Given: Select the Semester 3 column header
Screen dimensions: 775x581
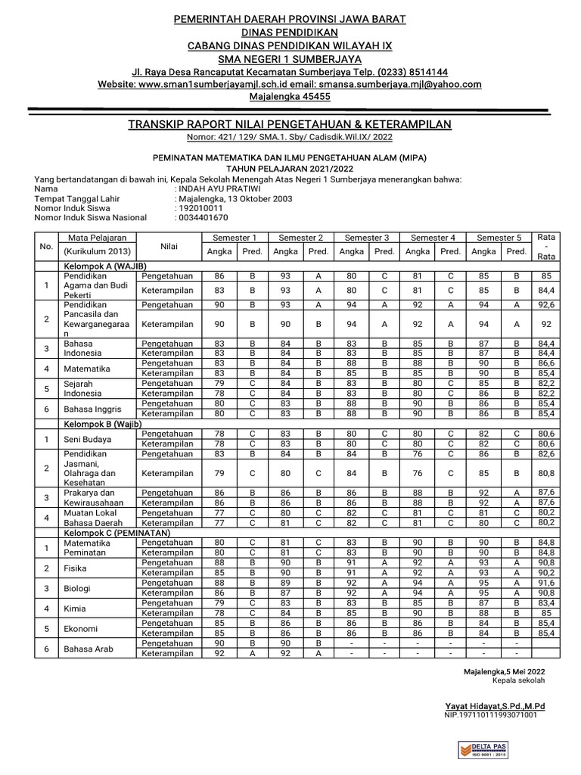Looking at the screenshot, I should (367, 238).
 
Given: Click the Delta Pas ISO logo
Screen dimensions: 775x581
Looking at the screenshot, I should (483, 749).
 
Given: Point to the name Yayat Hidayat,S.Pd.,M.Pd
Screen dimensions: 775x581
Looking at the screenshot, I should (494, 705).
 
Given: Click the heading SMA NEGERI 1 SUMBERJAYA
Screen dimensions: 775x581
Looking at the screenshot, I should (290, 59).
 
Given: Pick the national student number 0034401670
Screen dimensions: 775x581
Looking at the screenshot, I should (202, 218).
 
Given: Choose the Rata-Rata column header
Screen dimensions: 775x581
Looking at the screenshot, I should (546, 246).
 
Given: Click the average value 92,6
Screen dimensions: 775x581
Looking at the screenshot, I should (546, 306).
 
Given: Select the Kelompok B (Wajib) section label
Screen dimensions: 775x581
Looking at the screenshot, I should (102, 425).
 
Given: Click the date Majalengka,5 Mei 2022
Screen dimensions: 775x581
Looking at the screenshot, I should (503, 671).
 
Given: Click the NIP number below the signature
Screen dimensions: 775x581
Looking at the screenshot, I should (491, 714).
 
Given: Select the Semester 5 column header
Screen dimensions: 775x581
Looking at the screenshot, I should (499, 238).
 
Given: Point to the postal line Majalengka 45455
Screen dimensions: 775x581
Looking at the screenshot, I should (290, 97).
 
